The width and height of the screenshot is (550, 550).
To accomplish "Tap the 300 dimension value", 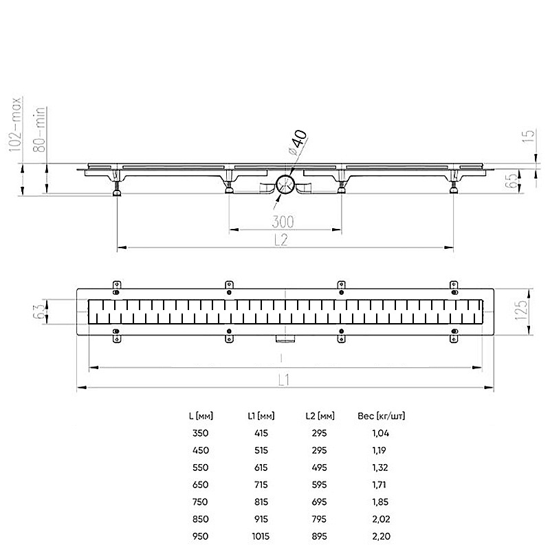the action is [283, 221].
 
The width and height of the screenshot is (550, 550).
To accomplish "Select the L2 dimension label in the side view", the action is [281, 240].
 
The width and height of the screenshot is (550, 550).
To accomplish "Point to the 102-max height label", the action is [16, 124].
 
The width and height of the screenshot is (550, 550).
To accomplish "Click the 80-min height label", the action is [39, 129].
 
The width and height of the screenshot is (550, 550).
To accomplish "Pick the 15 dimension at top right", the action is [528, 135].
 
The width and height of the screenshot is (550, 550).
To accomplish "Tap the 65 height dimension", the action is [512, 179].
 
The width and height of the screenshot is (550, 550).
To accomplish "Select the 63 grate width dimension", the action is [39, 311].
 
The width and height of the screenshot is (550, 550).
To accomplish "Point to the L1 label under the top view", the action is [284, 380].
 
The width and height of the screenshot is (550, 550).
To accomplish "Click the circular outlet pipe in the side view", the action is [285, 184].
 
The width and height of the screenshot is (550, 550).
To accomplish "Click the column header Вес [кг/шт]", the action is [382, 416].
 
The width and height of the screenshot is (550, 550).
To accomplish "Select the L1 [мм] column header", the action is [261, 416].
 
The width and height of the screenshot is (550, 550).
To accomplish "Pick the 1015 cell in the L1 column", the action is [261, 536].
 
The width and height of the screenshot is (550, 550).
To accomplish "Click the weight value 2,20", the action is [382, 536].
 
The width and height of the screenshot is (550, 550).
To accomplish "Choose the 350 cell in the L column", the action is [200, 433].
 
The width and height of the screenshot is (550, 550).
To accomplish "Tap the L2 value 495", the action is [319, 467].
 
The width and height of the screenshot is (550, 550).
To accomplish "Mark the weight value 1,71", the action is [379, 485].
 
